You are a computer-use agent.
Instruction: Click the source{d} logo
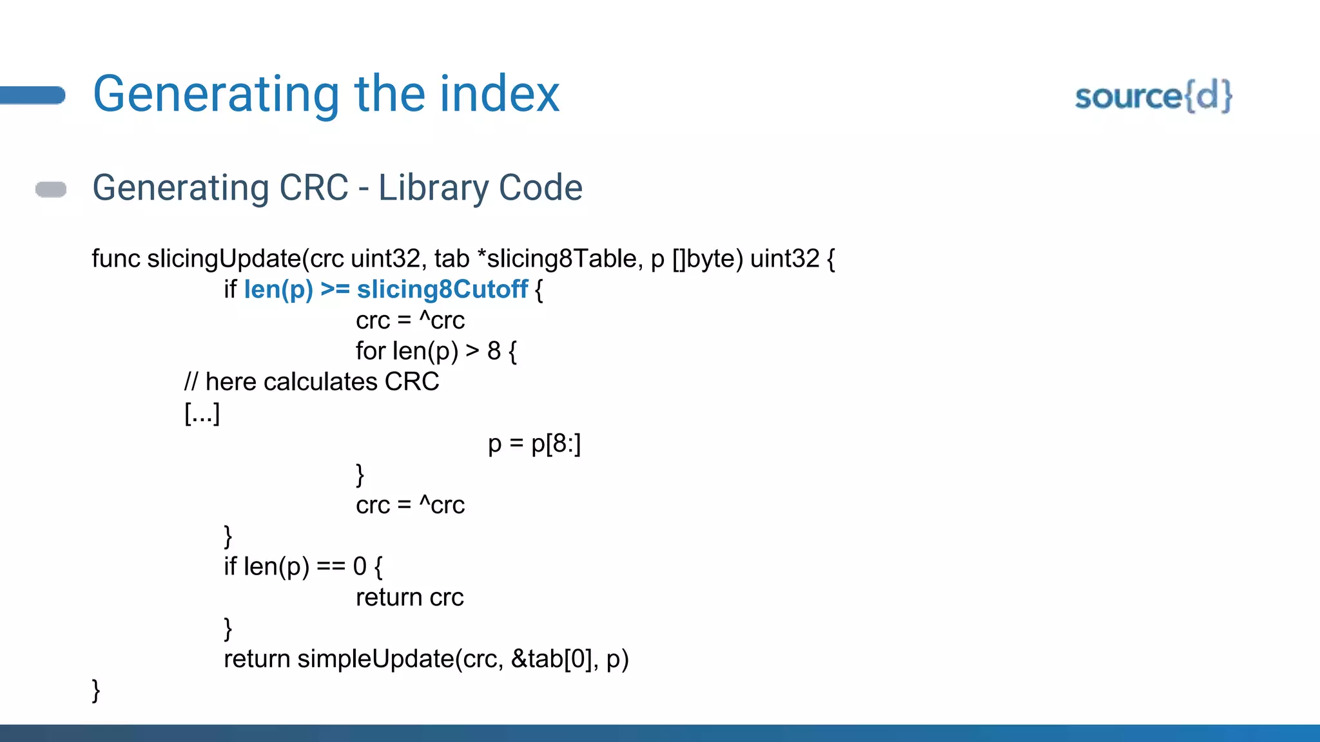click(x=1153, y=97)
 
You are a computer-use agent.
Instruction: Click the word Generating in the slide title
click(x=216, y=95)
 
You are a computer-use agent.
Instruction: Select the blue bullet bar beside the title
click(x=32, y=95)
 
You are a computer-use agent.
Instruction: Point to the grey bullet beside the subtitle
click(x=51, y=189)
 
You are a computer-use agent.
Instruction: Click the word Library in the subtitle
click(x=433, y=188)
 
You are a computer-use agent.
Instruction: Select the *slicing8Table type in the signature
click(x=557, y=259)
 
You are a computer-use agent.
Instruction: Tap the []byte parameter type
click(x=707, y=259)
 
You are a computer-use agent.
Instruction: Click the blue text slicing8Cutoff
click(x=442, y=290)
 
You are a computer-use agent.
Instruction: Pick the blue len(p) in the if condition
click(x=278, y=290)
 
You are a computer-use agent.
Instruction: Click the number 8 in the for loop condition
click(x=494, y=352)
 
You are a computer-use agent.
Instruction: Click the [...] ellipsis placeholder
click(x=202, y=413)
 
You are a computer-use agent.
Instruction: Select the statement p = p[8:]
click(x=534, y=444)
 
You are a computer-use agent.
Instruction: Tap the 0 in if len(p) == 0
click(x=360, y=567)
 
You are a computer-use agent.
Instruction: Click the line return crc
click(x=409, y=598)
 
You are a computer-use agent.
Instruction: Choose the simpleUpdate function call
click(x=375, y=660)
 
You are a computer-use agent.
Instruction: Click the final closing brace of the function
click(x=96, y=690)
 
